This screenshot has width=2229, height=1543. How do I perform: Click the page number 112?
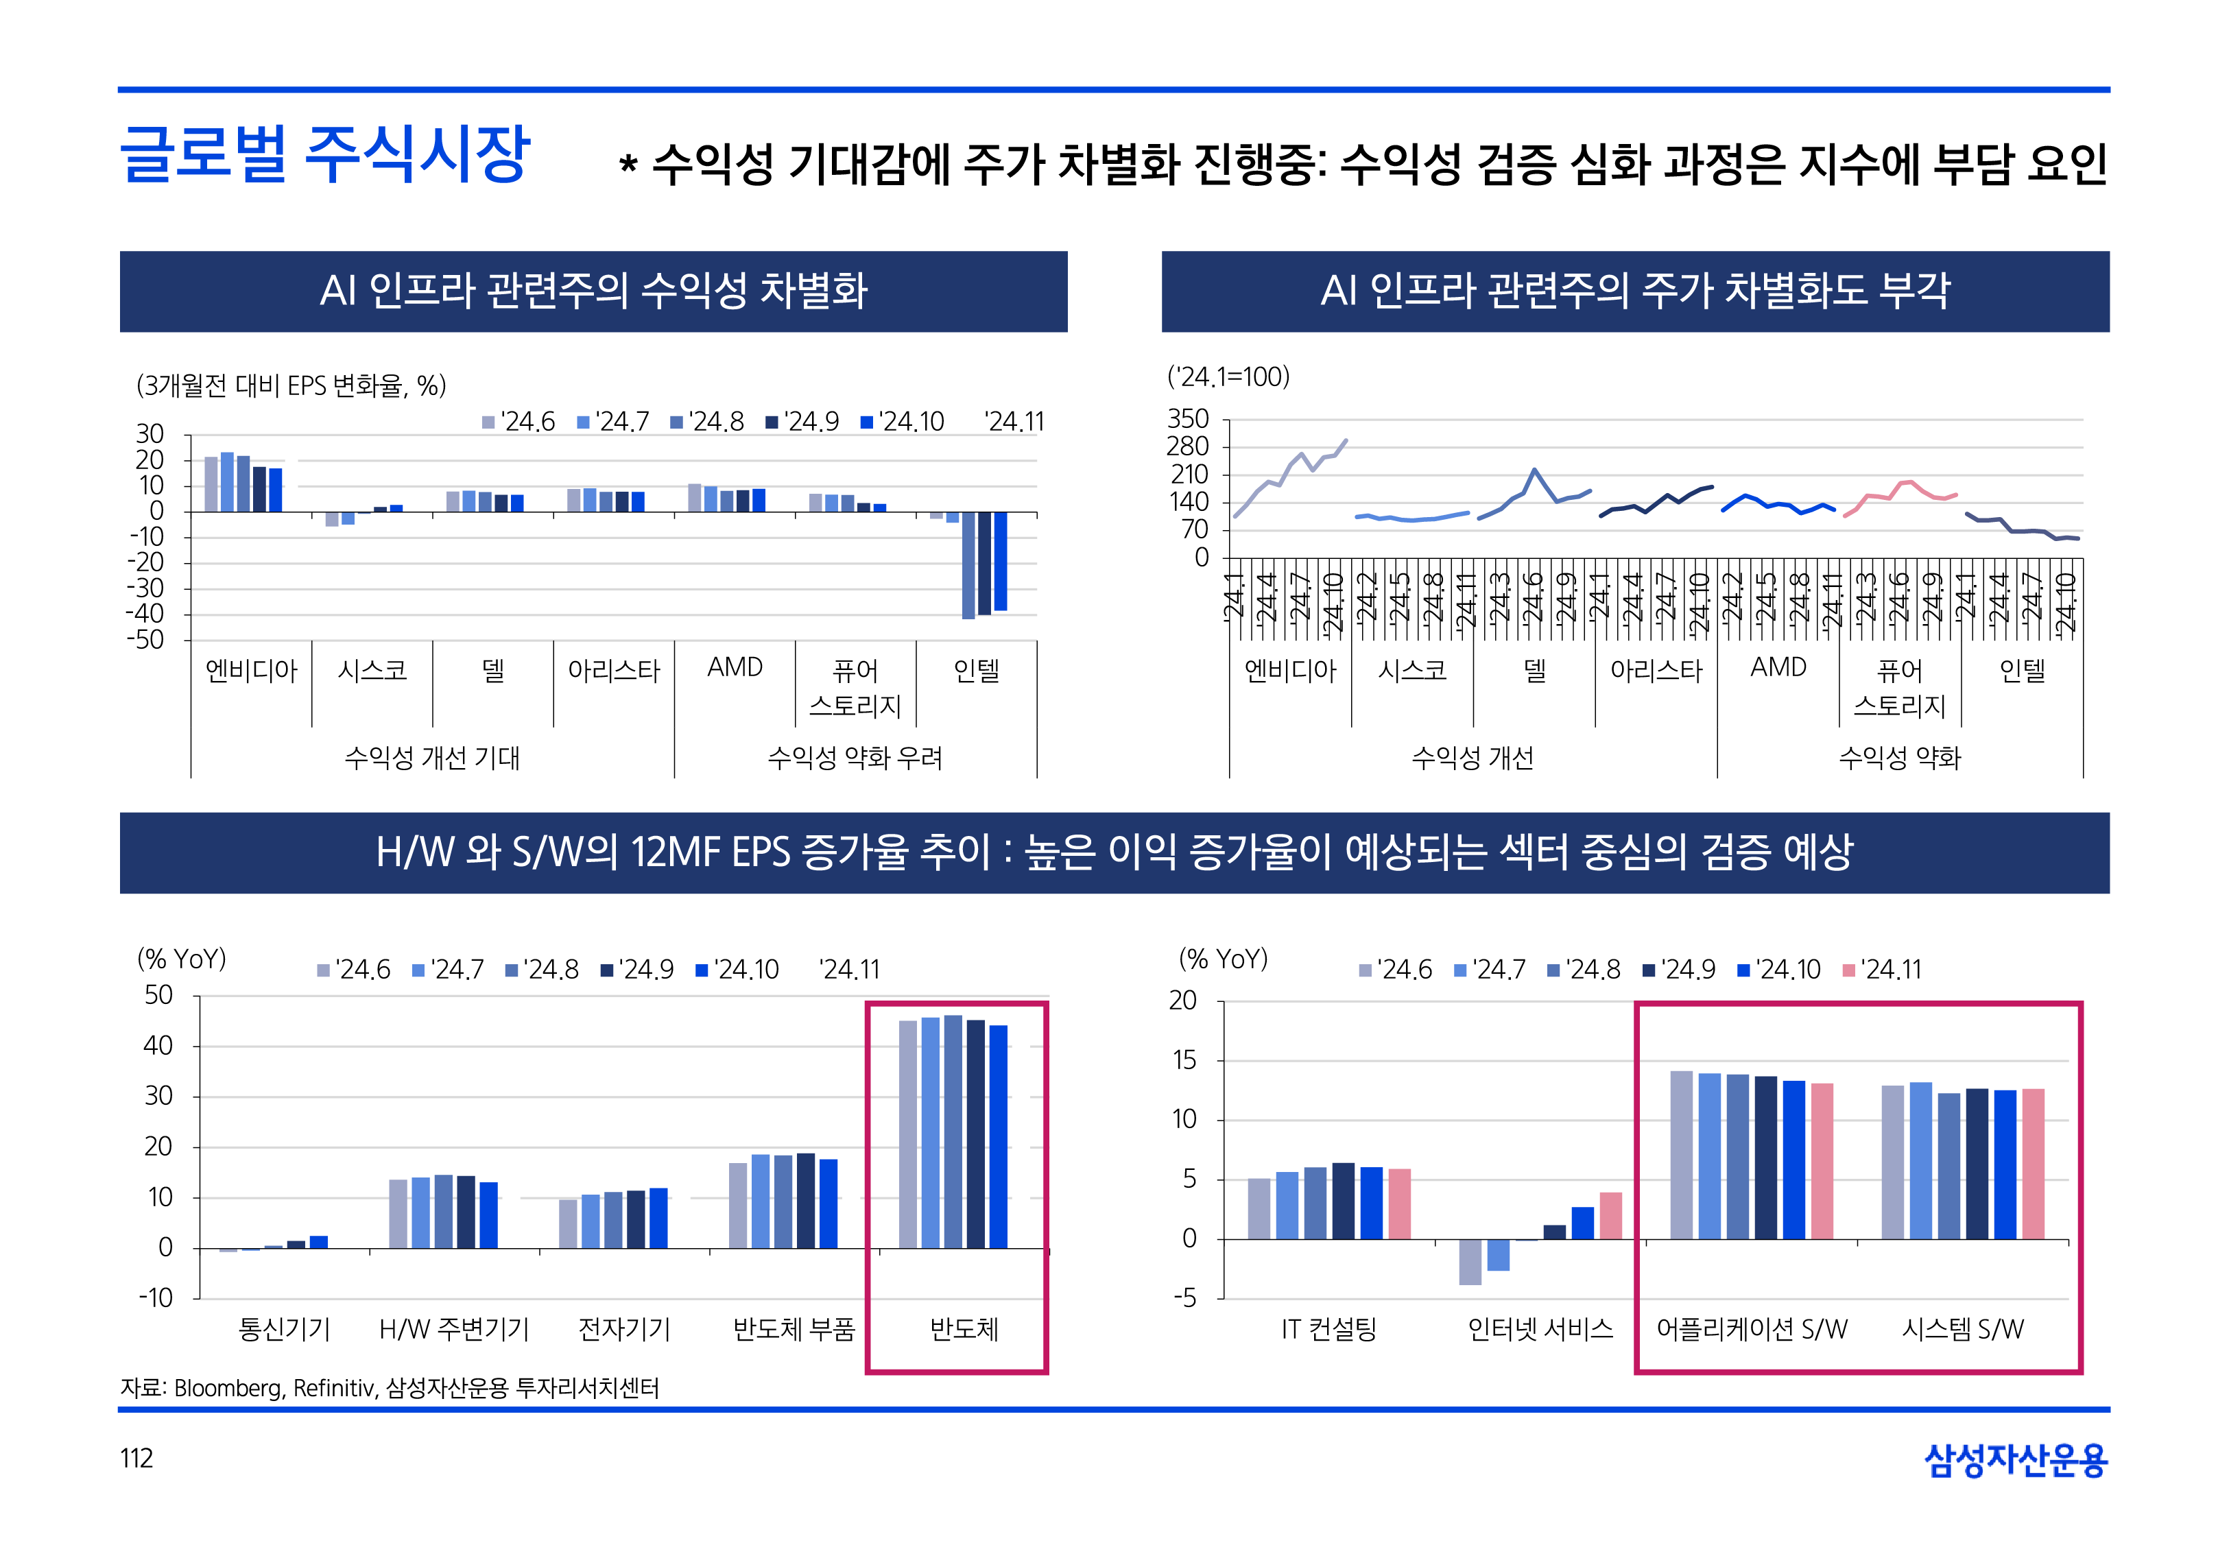point(136,1458)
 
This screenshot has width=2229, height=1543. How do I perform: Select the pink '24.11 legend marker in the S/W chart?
point(1848,970)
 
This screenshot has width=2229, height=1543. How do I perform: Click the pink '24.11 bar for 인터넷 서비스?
point(1610,1215)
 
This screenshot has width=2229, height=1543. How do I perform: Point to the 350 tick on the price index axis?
point(1188,420)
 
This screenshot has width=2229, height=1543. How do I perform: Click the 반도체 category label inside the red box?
point(964,1329)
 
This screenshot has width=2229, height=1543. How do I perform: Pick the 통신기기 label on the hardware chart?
point(284,1329)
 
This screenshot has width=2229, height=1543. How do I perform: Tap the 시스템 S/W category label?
point(1962,1329)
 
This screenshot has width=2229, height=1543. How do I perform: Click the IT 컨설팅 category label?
point(1328,1329)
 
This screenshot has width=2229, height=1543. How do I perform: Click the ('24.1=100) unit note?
point(1228,377)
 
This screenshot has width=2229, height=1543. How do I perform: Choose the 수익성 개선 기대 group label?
point(432,758)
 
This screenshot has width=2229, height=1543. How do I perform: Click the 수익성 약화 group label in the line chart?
point(1899,758)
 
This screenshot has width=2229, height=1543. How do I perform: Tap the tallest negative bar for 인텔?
point(968,566)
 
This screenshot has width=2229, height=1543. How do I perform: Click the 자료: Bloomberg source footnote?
point(390,1388)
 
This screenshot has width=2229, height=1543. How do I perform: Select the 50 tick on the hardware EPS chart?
point(158,996)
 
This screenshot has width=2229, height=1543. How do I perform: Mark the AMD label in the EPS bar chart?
point(735,668)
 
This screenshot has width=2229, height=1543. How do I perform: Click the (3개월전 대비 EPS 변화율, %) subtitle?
point(291,385)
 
